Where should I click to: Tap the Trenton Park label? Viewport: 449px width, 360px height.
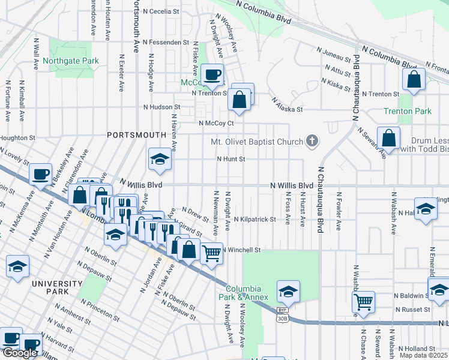tap(408, 111)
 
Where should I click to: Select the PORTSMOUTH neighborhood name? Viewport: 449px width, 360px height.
tap(136, 135)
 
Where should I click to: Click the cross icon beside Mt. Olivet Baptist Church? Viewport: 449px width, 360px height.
tap(311, 142)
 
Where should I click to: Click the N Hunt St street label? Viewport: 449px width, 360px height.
tap(231, 159)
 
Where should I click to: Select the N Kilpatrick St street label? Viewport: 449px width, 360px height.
tap(255, 220)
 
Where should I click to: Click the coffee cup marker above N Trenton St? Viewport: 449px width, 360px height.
tap(212, 75)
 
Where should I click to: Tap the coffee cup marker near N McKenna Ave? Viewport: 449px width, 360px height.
tap(41, 175)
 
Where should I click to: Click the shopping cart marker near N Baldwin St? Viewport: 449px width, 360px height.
tap(363, 301)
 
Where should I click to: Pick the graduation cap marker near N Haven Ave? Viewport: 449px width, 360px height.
tap(159, 159)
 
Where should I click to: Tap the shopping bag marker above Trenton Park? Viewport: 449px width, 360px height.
tap(414, 79)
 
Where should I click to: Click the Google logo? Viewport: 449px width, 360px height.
tap(19, 353)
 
